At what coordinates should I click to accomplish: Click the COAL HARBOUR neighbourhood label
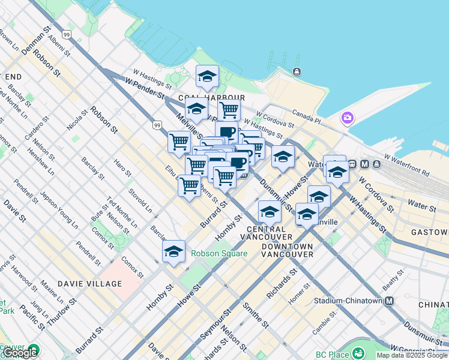pos(210,98)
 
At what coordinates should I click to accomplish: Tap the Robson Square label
pos(219,253)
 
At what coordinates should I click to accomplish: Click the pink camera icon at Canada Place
pos(347,118)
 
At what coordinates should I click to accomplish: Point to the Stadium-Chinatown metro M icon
pos(390,301)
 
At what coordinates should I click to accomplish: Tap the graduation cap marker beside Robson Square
pos(173,251)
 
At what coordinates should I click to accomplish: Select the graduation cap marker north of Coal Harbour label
pos(207,76)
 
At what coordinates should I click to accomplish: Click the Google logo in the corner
pos(20,353)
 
